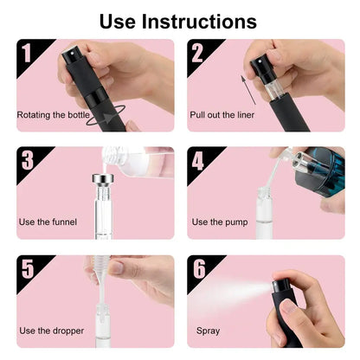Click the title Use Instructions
click(177, 21)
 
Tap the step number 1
click(27, 54)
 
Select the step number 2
click(199, 54)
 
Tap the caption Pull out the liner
click(222, 114)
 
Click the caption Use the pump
click(219, 222)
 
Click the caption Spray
click(208, 331)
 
